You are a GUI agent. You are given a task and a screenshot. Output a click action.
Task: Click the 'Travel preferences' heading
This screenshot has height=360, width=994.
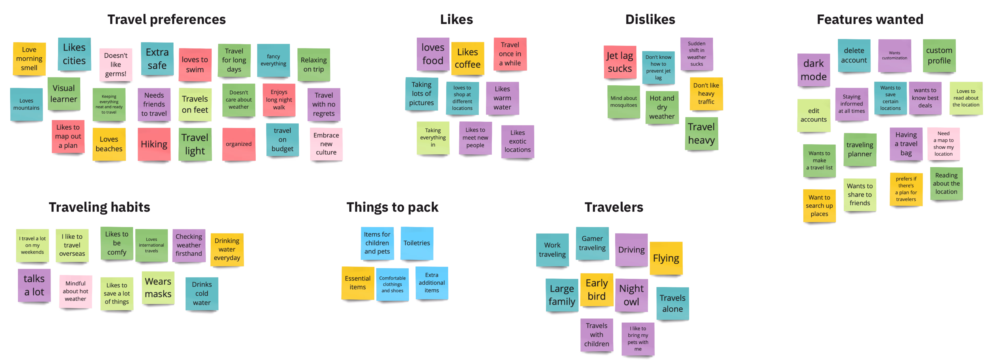click(166, 19)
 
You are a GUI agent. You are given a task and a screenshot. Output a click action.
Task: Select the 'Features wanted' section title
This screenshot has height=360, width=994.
click(870, 19)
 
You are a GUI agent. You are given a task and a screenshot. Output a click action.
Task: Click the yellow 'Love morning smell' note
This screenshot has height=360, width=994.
click(29, 59)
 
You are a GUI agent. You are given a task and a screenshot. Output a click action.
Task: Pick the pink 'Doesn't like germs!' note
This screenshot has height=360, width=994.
click(115, 64)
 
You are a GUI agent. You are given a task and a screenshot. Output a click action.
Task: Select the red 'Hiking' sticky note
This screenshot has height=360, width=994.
click(154, 144)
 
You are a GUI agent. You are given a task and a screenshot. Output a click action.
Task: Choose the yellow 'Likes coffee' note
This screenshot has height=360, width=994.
click(467, 58)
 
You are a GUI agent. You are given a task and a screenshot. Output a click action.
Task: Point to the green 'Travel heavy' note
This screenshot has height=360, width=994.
click(701, 134)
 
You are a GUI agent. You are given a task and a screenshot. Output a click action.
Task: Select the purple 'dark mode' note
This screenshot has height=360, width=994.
click(813, 70)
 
